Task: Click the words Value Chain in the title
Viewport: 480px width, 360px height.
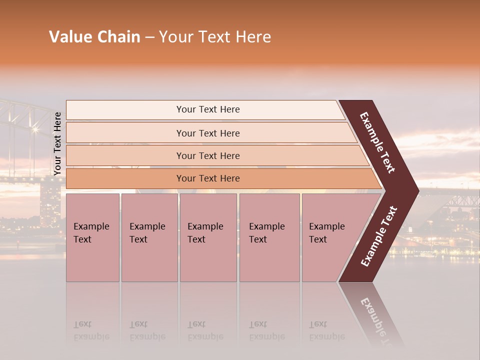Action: pos(94,37)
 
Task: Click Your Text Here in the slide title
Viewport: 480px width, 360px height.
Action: pos(215,37)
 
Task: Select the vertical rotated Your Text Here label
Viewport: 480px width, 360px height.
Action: pos(57,143)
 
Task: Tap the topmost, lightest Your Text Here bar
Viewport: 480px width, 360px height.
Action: pos(208,109)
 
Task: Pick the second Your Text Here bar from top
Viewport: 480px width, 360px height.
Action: pos(208,133)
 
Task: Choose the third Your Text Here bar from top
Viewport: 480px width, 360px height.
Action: pos(208,155)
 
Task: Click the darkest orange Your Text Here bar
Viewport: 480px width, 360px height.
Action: pos(208,178)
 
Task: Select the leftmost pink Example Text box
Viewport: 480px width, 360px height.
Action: pos(92,237)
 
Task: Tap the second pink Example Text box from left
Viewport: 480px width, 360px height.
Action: pos(149,237)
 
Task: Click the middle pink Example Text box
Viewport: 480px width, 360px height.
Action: pos(208,237)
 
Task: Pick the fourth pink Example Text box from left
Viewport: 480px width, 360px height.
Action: pos(269,237)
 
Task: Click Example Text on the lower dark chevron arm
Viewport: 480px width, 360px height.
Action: pos(379,236)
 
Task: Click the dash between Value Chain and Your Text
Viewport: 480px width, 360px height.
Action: pos(149,37)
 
